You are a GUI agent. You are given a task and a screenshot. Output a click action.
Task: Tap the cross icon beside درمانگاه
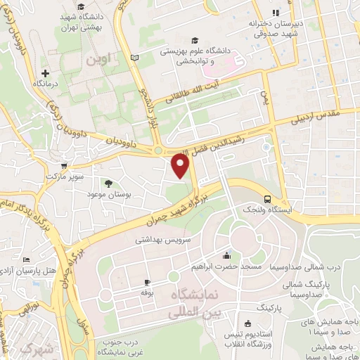click(46, 72)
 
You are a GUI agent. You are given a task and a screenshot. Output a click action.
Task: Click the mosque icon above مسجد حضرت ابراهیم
click(226, 257)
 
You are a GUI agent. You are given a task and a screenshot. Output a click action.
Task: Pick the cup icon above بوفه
click(147, 279)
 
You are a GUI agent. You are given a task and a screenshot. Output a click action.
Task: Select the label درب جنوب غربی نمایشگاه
click(109, 345)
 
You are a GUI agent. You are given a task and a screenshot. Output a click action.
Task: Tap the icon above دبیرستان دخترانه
click(276, 12)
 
